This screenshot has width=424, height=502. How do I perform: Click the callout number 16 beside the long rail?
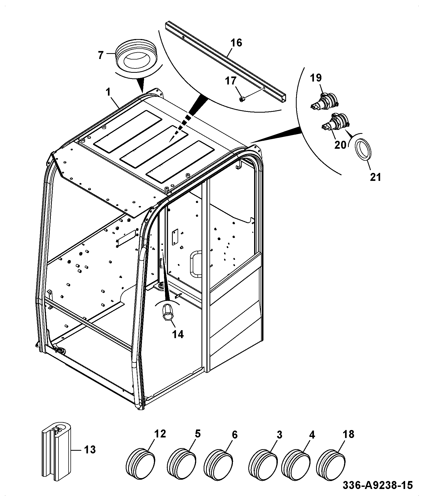click(x=236, y=43)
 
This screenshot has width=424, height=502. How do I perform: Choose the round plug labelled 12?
click(x=140, y=463)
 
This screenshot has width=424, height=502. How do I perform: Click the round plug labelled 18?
click(x=331, y=463)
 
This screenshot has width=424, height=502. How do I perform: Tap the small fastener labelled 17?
click(x=242, y=99)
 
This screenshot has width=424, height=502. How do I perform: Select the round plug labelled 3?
click(x=263, y=463)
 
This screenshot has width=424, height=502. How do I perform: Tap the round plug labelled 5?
click(x=182, y=463)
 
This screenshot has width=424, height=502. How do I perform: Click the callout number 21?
click(x=376, y=177)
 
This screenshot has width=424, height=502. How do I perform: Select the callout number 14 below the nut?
click(x=178, y=334)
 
